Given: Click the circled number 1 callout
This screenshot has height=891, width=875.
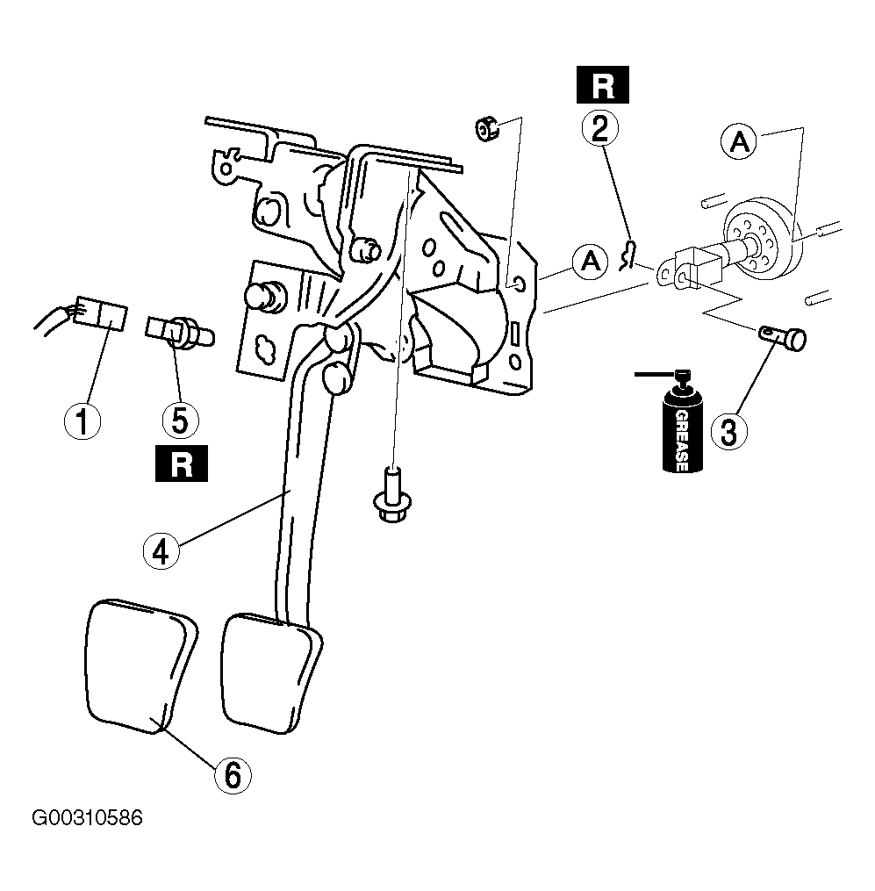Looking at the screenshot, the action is click(x=82, y=421).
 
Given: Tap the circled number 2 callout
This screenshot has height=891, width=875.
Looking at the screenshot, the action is click(x=600, y=127).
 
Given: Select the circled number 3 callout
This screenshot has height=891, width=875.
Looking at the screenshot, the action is click(x=729, y=431).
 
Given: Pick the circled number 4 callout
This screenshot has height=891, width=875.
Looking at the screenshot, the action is click(x=161, y=550).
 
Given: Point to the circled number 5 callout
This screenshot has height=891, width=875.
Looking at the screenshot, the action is click(x=180, y=420).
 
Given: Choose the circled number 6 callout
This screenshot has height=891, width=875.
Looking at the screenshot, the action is click(x=233, y=775).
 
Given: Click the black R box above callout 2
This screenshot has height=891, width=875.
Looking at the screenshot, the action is click(x=602, y=84).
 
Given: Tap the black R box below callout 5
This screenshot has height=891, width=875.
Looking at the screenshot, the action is click(x=182, y=463).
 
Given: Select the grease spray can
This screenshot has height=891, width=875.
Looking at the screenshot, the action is click(x=682, y=421).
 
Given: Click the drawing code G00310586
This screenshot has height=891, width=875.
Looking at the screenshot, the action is click(x=87, y=817).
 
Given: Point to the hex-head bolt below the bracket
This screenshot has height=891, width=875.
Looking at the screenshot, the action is click(x=392, y=494).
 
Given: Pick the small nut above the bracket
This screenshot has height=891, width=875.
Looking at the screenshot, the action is click(x=486, y=127).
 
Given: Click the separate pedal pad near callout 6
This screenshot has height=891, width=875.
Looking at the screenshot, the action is click(x=140, y=665).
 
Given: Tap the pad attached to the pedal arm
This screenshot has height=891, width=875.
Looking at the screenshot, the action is click(x=271, y=674).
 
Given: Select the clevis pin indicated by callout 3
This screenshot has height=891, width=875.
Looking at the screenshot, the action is click(x=783, y=338).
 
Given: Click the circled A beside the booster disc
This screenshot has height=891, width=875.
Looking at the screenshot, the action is click(x=739, y=140).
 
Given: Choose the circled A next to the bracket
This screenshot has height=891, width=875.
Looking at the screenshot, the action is click(x=591, y=262).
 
